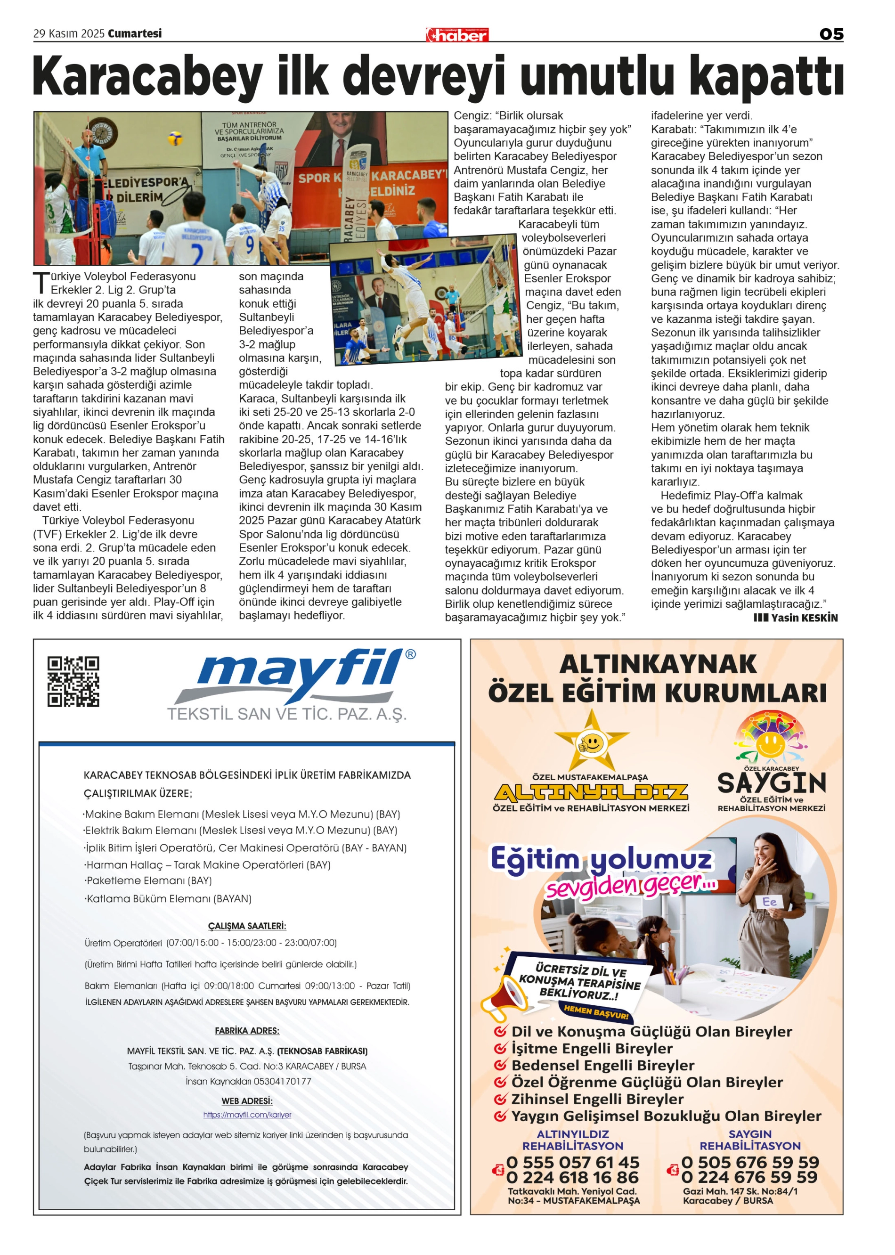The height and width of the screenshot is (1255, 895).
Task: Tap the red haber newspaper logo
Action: pos(457,35)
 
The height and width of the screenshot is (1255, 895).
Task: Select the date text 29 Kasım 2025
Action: pos(69,33)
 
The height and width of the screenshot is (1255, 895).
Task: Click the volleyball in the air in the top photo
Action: pos(175,137)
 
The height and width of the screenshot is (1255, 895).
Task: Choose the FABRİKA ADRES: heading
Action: pos(247,1030)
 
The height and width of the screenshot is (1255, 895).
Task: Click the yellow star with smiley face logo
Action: pos(591,742)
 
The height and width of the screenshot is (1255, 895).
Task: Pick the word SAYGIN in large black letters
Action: pos(771,782)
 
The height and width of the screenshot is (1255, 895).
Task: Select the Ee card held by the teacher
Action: pos(769,902)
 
